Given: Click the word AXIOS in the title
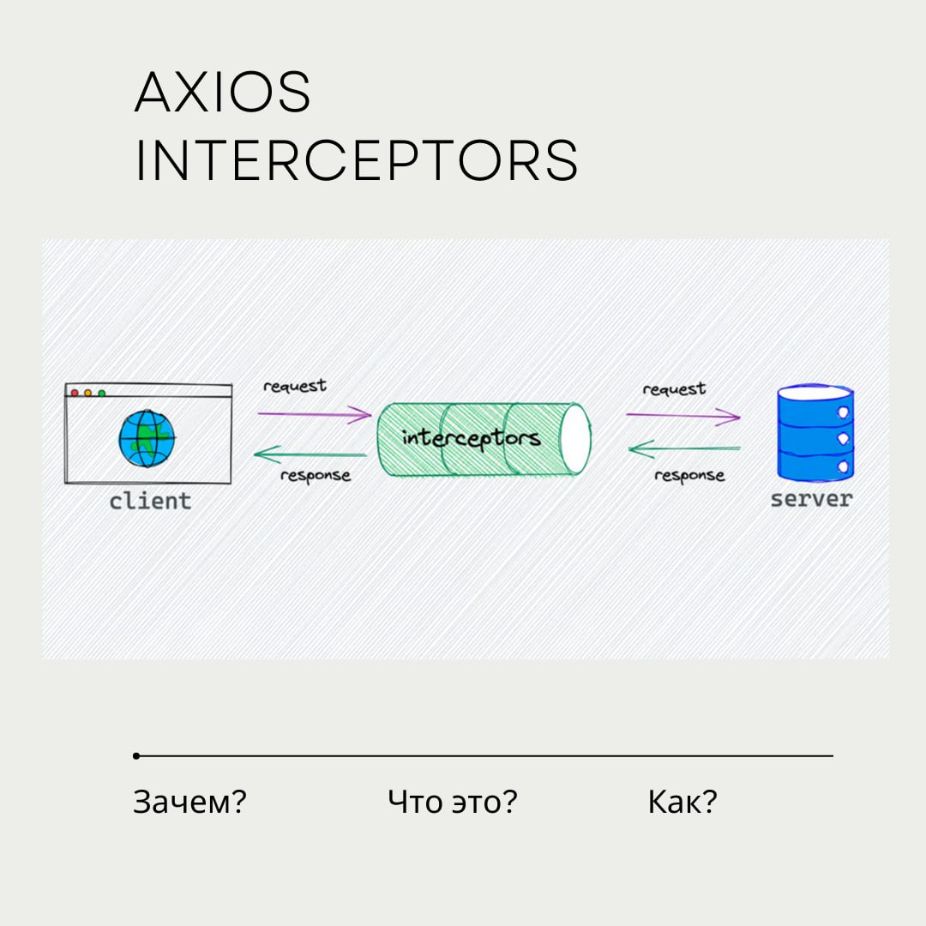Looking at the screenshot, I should (223, 93).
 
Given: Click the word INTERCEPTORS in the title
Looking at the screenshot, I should (357, 159).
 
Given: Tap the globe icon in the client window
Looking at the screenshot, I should (147, 438).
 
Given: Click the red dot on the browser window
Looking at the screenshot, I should (75, 393).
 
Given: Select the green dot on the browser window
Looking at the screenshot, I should (101, 393).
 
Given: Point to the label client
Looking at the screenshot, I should (150, 501).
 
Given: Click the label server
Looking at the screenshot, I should (811, 499).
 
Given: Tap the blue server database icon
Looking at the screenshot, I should (815, 433).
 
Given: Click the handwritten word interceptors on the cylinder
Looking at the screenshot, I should (471, 438).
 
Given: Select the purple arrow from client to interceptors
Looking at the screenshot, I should (314, 415).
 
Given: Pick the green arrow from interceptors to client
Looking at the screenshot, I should (311, 454).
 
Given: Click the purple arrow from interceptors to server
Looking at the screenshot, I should (682, 416).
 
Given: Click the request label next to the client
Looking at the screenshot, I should (295, 386).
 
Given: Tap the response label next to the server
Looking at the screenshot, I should (689, 475).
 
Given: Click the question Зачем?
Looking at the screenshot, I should (189, 803).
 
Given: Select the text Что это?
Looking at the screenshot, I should (453, 803).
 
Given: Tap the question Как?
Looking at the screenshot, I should (682, 803).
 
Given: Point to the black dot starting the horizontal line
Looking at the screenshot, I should (136, 755).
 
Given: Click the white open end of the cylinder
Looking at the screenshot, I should (575, 438).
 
